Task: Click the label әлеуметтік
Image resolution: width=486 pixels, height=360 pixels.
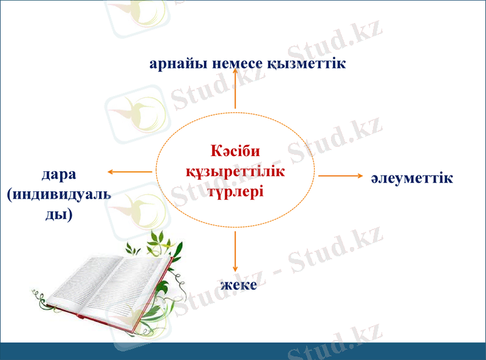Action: point(412,178)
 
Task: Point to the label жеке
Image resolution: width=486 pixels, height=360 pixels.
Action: point(238,284)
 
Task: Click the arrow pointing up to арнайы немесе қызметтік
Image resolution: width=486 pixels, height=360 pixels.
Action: point(235,88)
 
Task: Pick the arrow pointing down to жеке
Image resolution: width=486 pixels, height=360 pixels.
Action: point(235,252)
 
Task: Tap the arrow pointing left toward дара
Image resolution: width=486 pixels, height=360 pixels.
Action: point(129,172)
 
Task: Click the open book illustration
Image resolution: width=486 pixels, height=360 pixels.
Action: point(103,285)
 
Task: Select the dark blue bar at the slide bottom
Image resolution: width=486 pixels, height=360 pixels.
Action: point(243,351)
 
